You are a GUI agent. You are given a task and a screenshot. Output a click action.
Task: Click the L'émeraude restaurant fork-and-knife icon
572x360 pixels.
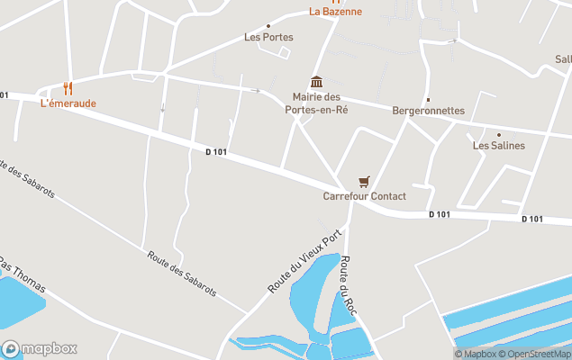[x=68, y=88]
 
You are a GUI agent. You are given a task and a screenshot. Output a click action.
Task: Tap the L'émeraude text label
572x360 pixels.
[x=68, y=103]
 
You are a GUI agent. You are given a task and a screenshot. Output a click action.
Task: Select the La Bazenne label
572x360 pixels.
[x=335, y=12]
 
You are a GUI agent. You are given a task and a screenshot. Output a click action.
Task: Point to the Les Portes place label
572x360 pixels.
[x=268, y=37]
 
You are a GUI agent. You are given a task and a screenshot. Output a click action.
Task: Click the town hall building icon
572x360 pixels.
[x=315, y=82]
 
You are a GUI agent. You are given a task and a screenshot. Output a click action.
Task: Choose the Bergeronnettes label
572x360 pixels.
[x=428, y=111]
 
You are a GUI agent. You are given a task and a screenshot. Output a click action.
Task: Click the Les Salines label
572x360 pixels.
[x=498, y=146]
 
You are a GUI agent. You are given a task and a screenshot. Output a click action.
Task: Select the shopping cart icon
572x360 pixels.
[x=364, y=182]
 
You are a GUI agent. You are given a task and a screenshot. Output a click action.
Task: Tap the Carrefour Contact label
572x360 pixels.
[x=364, y=196]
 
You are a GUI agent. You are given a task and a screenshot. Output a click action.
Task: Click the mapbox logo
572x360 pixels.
[x=39, y=348]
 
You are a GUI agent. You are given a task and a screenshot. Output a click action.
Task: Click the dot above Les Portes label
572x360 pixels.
[x=268, y=26]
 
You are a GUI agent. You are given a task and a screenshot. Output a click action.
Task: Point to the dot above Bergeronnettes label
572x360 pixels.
[x=428, y=100]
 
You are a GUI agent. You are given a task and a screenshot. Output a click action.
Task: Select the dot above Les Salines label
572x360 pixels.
[x=498, y=135]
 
